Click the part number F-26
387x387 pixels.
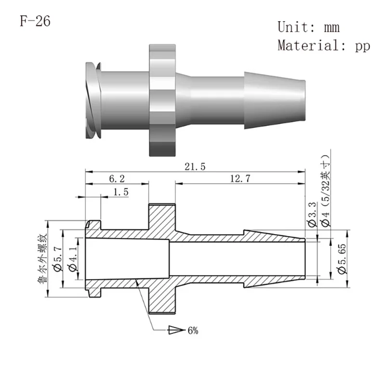coord(35,22)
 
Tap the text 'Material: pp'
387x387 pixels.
coord(323,46)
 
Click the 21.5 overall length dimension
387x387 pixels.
coord(195,166)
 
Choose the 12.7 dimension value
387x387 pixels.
coord(240,179)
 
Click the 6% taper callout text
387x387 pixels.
coord(193,331)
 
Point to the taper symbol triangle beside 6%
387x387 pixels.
coord(176,331)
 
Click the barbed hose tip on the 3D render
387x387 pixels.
coord(275,100)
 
